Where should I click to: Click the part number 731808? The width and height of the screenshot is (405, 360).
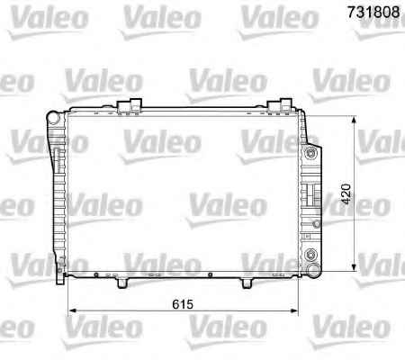[373, 12]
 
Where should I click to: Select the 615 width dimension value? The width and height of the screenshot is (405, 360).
[183, 304]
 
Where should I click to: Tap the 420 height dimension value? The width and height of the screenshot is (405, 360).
[346, 194]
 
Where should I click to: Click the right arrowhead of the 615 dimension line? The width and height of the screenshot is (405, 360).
[294, 311]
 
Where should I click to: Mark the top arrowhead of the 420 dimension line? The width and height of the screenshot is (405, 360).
[354, 121]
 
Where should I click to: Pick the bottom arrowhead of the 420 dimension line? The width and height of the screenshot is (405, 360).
[354, 267]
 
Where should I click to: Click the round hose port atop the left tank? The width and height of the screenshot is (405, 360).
[53, 118]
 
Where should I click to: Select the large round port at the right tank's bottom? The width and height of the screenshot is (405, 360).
[314, 268]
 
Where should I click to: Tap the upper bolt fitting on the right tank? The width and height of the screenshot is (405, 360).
[310, 154]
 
